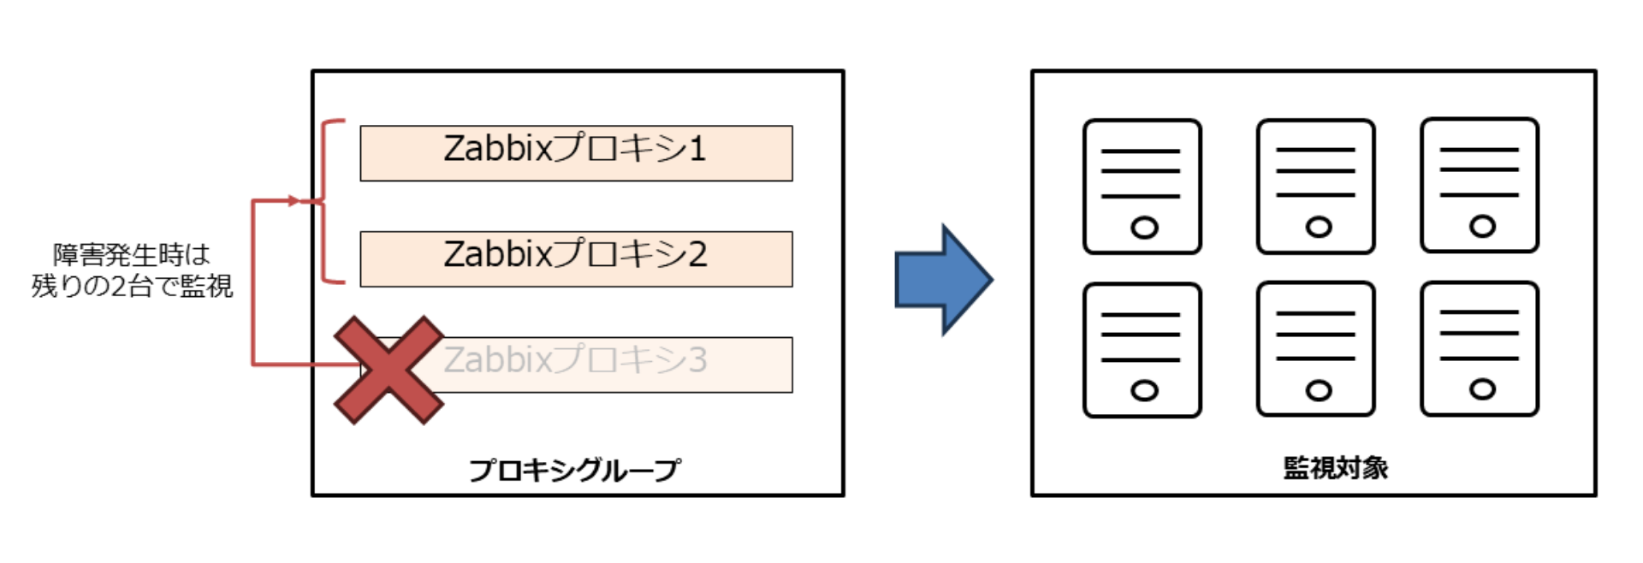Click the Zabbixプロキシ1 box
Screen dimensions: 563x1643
click(x=576, y=153)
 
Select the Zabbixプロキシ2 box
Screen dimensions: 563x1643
click(x=576, y=258)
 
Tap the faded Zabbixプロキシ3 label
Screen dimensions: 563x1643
click(x=575, y=360)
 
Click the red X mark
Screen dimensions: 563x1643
click(x=389, y=370)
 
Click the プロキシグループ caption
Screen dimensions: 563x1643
click(x=574, y=470)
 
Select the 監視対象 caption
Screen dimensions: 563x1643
click(x=1335, y=468)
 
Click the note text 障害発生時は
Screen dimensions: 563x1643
click(x=132, y=255)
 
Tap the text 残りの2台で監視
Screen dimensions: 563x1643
click(x=132, y=286)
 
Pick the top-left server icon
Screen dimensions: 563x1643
click(x=1142, y=187)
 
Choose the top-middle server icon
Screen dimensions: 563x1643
click(x=1315, y=187)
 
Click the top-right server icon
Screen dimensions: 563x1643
click(x=1480, y=186)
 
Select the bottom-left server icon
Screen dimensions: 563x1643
click(x=1142, y=350)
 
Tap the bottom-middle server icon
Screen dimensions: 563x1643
click(x=1315, y=349)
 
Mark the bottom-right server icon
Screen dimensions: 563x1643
click(x=1480, y=349)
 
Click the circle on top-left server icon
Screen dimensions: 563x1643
click(x=1144, y=228)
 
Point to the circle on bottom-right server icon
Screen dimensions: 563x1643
click(x=1482, y=389)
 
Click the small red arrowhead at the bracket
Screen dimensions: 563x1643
click(x=294, y=201)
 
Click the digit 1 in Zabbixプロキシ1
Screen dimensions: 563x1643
click(x=697, y=149)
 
